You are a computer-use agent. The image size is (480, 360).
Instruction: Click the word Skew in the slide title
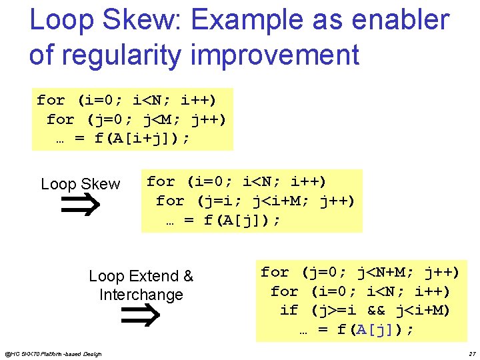[135, 21]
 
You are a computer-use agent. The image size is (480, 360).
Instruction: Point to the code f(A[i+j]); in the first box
[142, 138]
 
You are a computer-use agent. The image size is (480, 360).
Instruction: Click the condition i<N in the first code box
[147, 101]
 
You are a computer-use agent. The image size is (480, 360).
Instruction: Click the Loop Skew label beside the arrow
[80, 184]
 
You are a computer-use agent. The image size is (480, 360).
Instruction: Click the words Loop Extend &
[141, 276]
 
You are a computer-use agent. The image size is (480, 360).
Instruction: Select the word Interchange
[141, 295]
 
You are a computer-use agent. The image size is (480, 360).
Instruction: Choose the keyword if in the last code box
[289, 310]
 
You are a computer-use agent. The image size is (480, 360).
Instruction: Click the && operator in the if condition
[377, 310]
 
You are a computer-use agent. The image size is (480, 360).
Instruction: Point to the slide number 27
[472, 353]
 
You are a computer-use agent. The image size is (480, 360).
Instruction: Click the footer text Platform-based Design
[68, 353]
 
